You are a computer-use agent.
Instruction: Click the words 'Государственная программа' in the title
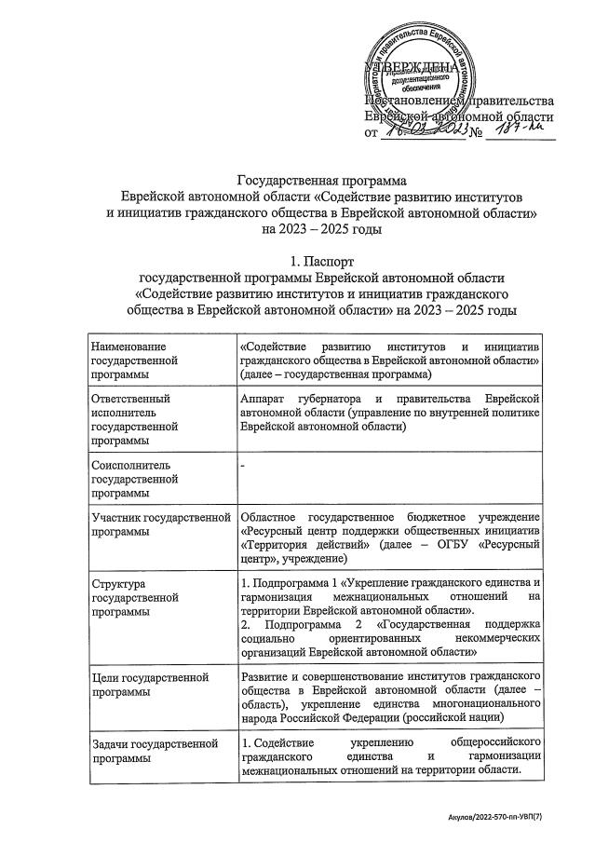(x=322, y=180)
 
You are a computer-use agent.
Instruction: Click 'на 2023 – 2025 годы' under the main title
(x=322, y=227)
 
